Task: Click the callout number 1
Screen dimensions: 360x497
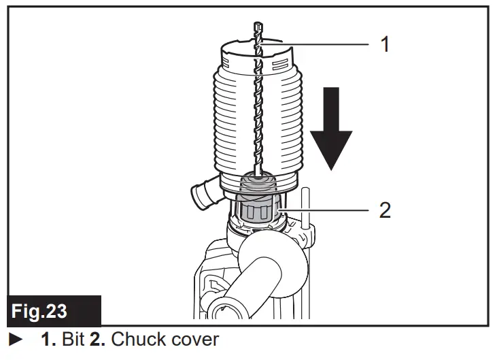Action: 385,45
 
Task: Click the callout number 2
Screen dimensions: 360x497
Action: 385,210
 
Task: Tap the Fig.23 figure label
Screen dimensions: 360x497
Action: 40,312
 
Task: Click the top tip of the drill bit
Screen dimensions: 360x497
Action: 256,26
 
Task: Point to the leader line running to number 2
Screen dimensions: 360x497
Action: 326,210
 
